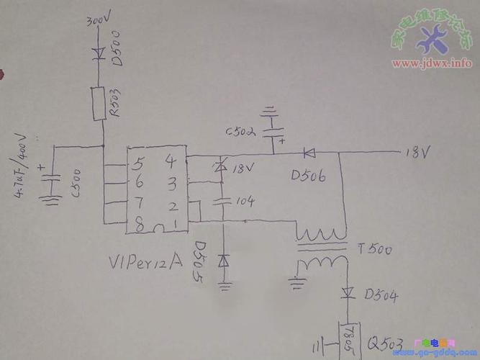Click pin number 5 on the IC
point(141,163)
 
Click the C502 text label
point(241,132)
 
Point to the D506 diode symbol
point(309,153)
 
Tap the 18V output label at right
point(417,153)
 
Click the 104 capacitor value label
point(245,202)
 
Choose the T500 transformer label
point(374,250)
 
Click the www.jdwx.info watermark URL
point(432,63)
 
